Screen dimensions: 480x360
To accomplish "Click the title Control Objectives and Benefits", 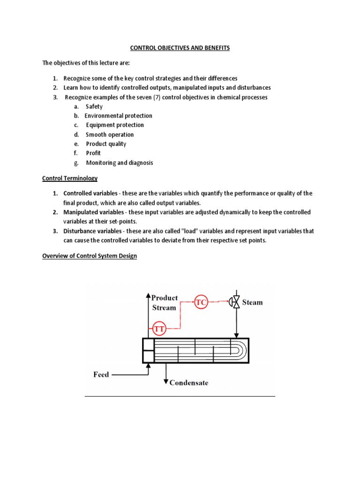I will [180, 48].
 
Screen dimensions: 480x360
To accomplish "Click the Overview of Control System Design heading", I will [90, 256].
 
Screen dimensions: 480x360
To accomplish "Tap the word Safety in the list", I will [94, 106].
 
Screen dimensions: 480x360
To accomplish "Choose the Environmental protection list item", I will [119, 116].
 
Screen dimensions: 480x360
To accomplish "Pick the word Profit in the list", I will [93, 153].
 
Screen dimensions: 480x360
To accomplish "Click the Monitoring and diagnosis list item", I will [120, 163].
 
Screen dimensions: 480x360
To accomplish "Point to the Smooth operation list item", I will [110, 135].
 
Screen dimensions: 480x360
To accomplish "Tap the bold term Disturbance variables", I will [92, 231].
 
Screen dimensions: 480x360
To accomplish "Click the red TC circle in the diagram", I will [201, 302].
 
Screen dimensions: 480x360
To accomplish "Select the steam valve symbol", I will [234, 302].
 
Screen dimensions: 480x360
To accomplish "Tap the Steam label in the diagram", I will [252, 302].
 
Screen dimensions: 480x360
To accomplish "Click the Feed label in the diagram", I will [101, 375].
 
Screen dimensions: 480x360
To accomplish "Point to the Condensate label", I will [189, 382].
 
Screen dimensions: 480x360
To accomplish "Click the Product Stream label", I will [165, 303].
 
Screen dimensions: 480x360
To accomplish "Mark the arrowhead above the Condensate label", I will [165, 380].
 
